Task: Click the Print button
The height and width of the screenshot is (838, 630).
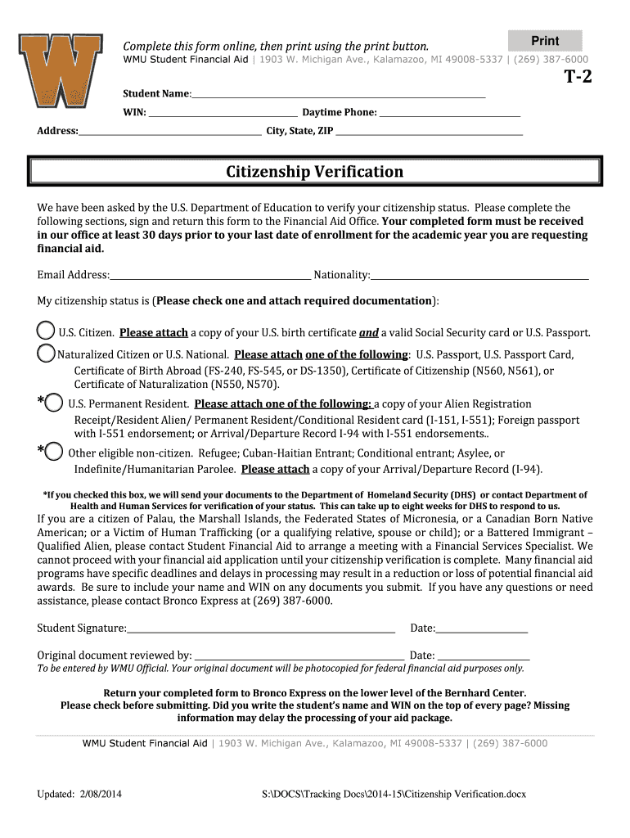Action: pyautogui.click(x=545, y=41)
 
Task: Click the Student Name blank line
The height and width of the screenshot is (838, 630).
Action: pyautogui.click(x=338, y=97)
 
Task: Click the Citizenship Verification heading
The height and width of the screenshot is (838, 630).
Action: pyautogui.click(x=315, y=172)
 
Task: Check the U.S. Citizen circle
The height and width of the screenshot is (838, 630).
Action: pyautogui.click(x=46, y=331)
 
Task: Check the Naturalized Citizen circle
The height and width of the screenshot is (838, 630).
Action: pyautogui.click(x=46, y=354)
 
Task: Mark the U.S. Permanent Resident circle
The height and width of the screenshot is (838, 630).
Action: pyautogui.click(x=53, y=403)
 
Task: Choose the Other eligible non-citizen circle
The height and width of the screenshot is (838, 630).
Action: pyautogui.click(x=53, y=452)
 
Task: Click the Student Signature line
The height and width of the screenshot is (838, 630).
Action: pyautogui.click(x=260, y=630)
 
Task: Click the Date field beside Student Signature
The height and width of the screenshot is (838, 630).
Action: pyautogui.click(x=482, y=630)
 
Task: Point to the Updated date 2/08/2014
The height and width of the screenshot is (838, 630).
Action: pyautogui.click(x=79, y=795)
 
